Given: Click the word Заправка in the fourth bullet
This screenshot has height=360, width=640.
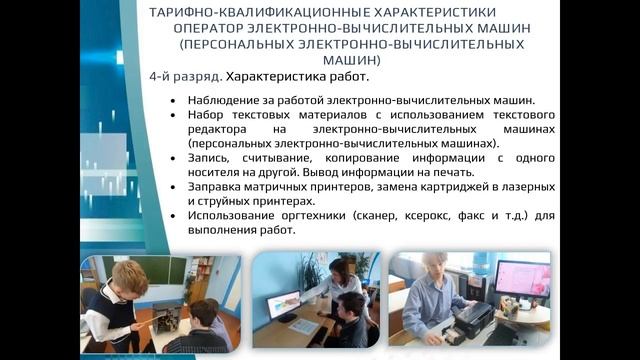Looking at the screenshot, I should tap(214, 186).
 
